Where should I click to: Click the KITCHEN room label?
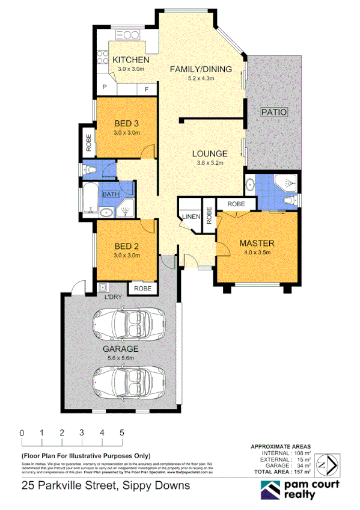[x=131, y=60]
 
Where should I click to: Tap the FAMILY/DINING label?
[x=200, y=69]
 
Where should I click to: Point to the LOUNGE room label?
[x=210, y=153]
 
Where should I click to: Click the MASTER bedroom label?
[x=257, y=243]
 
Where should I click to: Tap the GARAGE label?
[x=120, y=349]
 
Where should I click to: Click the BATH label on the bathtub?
[x=110, y=194]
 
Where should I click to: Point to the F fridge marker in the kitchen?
[x=146, y=88]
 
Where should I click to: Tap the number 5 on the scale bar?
[x=122, y=432]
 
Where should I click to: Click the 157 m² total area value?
[x=301, y=472]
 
